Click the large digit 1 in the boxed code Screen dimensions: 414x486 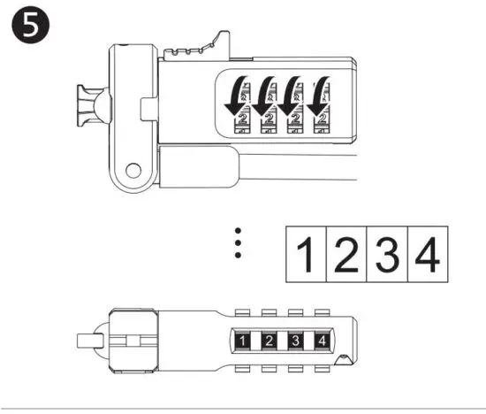(x=305, y=255)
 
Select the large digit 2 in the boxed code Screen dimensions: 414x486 (x=346, y=255)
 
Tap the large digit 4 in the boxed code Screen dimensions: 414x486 (x=427, y=255)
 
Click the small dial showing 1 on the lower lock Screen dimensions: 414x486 (x=243, y=340)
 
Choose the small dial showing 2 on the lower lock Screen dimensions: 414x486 (x=270, y=340)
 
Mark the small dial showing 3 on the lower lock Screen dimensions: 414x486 (x=298, y=340)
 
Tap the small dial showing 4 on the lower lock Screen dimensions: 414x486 (x=324, y=340)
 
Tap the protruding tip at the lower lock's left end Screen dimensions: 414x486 (x=88, y=340)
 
